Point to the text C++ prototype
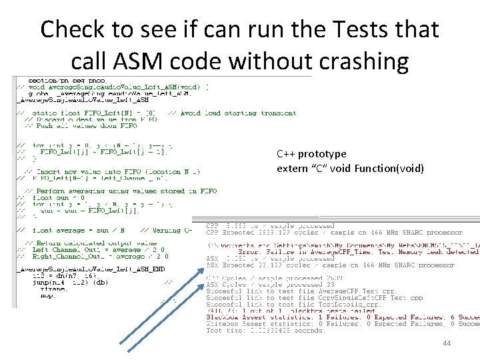(x=312, y=154)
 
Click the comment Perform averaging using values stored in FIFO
(x=120, y=191)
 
